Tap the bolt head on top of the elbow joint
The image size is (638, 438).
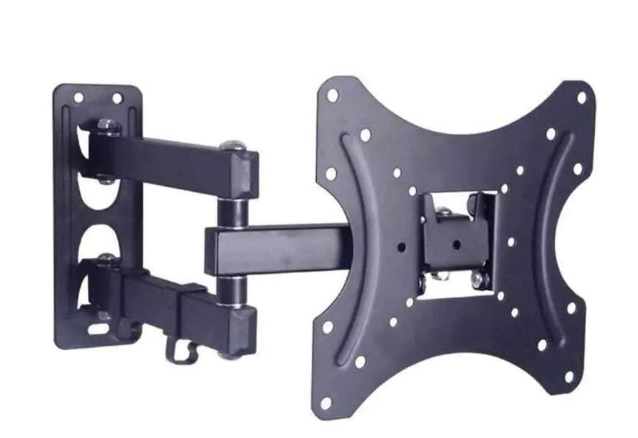point(232,147)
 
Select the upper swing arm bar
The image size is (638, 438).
point(173,162)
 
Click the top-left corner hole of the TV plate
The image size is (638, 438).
point(333,95)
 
